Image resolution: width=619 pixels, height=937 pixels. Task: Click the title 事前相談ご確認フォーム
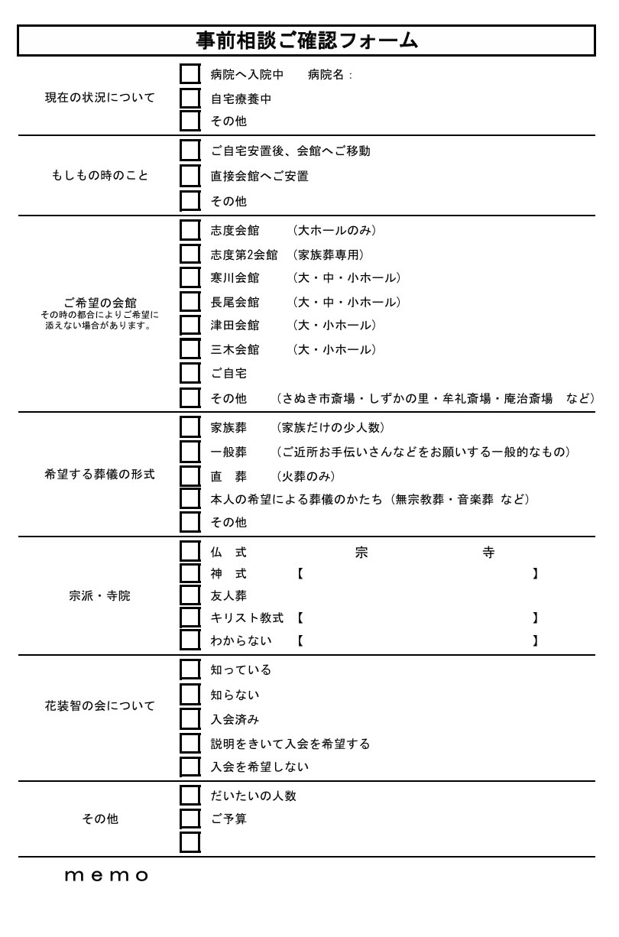coord(306,41)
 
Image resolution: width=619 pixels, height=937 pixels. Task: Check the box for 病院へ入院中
coord(190,74)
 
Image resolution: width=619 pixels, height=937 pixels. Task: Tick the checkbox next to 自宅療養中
coord(190,98)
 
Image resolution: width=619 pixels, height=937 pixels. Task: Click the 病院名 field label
coord(328,75)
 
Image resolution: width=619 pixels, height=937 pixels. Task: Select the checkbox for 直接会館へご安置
coord(190,176)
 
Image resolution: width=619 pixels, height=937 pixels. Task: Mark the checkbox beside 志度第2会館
coord(190,254)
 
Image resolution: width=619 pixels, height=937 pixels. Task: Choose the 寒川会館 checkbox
coord(190,277)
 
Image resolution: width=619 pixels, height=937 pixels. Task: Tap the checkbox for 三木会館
coord(190,349)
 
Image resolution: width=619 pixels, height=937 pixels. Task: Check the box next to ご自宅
coord(190,373)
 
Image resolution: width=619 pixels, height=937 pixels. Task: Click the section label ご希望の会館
coord(100,303)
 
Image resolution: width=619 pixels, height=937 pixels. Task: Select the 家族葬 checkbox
coord(190,426)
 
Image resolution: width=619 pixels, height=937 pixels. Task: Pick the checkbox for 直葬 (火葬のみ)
coord(190,476)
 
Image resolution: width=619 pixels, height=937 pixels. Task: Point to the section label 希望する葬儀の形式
coord(99,474)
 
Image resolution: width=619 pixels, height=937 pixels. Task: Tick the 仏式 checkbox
coord(190,552)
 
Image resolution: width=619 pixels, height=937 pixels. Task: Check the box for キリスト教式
coord(190,617)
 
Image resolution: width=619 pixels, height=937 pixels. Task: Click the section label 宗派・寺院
coord(99,596)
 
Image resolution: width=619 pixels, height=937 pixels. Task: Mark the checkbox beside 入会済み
coord(190,719)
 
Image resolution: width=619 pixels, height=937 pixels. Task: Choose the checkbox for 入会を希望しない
coord(190,766)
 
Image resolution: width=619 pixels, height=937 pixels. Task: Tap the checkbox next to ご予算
coord(190,819)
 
